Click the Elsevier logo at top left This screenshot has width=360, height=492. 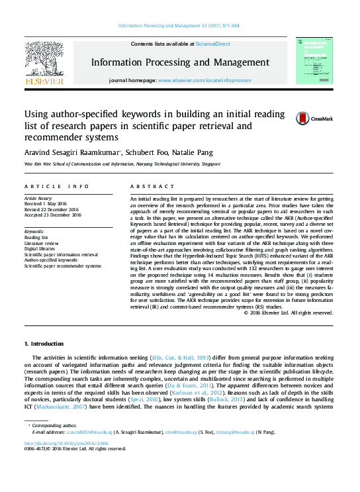point(44,63)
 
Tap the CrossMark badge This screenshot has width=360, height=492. point(309,119)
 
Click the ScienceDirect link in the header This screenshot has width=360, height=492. point(212,44)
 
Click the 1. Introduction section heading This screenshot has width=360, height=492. point(45,344)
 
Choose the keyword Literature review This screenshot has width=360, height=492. point(43,242)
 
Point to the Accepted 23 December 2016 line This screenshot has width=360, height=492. point(52,215)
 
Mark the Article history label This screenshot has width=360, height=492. point(39,199)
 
